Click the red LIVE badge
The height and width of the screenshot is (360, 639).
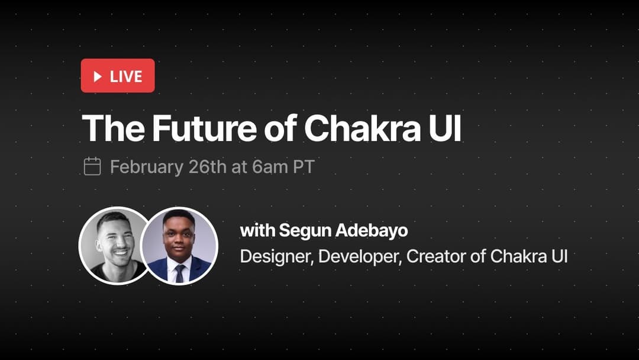(118, 76)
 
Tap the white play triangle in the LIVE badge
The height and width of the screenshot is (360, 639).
(98, 76)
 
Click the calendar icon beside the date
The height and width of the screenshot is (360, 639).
(92, 166)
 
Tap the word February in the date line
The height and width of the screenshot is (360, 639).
(146, 166)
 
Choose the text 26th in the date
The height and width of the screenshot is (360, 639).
(208, 166)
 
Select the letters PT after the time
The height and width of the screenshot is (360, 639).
(303, 166)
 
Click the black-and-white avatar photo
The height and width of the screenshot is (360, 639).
(114, 245)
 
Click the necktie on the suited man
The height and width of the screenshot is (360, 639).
(179, 273)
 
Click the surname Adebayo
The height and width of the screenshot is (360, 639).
(372, 230)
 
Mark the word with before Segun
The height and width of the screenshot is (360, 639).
(257, 230)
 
